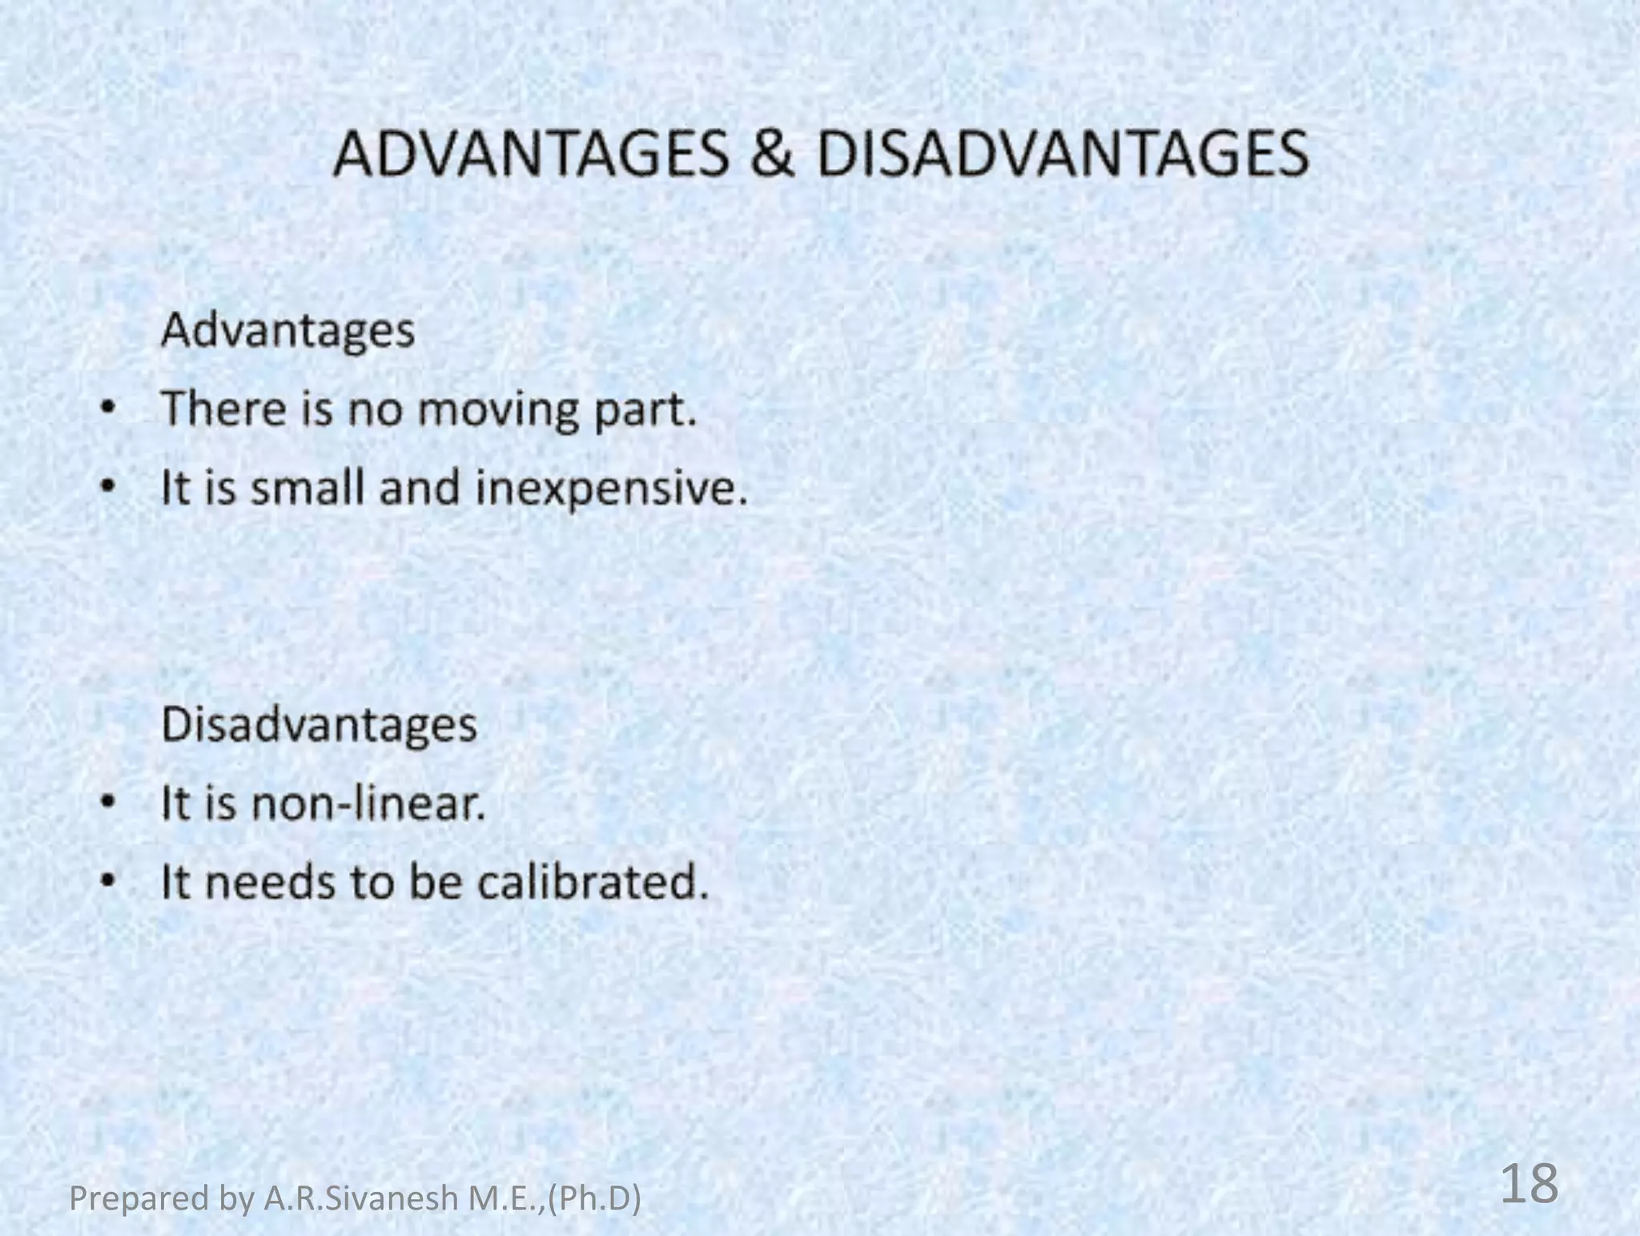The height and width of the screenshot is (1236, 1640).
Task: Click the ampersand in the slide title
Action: [772, 155]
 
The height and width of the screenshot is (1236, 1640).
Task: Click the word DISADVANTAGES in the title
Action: [1062, 155]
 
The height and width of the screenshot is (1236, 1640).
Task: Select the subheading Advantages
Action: [288, 331]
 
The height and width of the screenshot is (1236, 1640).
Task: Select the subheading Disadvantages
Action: [319, 725]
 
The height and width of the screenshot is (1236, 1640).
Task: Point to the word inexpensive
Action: [611, 489]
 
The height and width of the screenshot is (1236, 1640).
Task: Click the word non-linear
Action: [368, 803]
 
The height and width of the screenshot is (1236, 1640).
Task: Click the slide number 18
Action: [1529, 1184]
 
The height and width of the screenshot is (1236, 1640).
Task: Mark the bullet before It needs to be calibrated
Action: [108, 882]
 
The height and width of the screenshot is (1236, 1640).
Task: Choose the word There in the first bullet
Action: [223, 409]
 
